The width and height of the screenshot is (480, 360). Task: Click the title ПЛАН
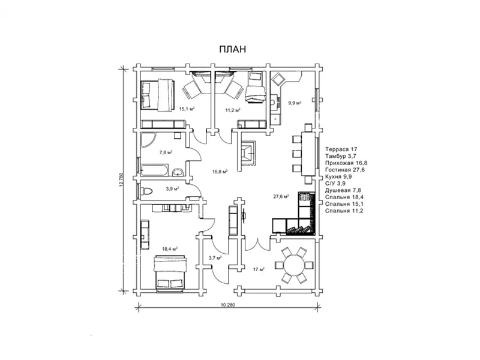pos(232,49)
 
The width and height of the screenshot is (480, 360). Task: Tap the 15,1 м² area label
pos(187,109)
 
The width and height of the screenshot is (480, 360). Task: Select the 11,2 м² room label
pos(233,110)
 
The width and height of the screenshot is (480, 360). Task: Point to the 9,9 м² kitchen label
pos(295,103)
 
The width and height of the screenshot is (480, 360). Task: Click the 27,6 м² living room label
pos(281,197)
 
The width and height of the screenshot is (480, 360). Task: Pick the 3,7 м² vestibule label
pos(215,258)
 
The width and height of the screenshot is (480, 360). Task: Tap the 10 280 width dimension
pos(228,305)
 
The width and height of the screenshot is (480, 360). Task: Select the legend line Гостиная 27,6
pos(345,170)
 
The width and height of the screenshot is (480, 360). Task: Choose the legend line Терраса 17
pos(341,149)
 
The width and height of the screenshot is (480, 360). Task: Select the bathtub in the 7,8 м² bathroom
pos(154,170)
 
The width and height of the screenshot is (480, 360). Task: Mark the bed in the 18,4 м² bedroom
pos(170,272)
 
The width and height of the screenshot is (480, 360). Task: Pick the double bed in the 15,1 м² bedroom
pos(157,94)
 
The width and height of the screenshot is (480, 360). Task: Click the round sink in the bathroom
pos(178,172)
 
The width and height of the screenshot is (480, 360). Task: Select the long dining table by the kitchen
pos(308,154)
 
